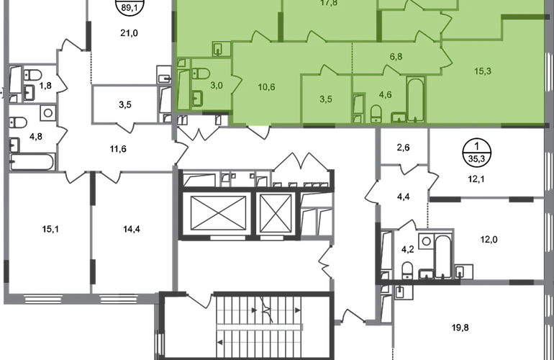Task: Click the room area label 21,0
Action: click(x=129, y=33)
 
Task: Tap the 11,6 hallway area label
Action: click(x=118, y=149)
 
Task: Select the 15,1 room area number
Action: click(x=50, y=230)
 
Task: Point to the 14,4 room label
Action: click(x=132, y=230)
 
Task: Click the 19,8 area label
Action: click(x=460, y=328)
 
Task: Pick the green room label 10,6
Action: click(x=266, y=87)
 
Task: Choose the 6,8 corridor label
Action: click(x=396, y=57)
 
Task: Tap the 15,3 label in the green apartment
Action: click(x=483, y=71)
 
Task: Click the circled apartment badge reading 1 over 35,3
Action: click(x=476, y=153)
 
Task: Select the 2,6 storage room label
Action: click(x=403, y=148)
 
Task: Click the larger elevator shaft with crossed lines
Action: click(x=218, y=213)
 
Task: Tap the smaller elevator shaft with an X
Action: click(x=276, y=214)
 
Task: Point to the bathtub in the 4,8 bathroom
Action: click(x=32, y=162)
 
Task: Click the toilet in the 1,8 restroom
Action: click(x=32, y=75)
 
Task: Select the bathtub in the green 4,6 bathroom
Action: click(x=415, y=99)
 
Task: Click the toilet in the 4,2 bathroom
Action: click(x=407, y=271)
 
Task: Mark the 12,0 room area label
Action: click(x=489, y=240)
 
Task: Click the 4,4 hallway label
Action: click(x=403, y=197)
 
